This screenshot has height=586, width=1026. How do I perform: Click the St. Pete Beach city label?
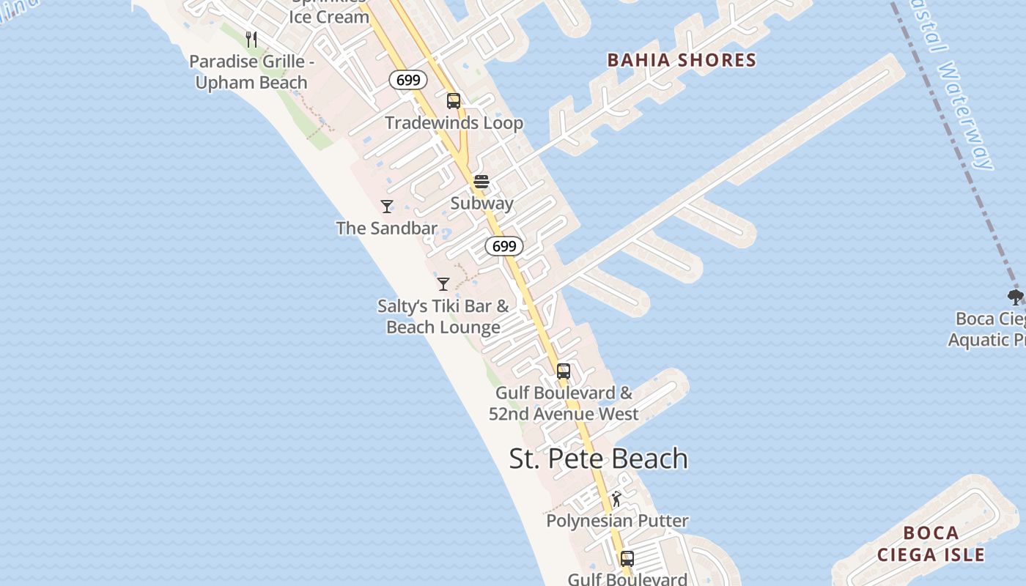[x=598, y=459]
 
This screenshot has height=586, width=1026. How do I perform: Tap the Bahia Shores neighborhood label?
[x=682, y=60]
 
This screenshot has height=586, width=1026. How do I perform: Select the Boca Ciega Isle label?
[x=931, y=544]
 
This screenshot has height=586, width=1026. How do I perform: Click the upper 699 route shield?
[x=408, y=80]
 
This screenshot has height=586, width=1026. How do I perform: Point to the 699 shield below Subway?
[x=504, y=246]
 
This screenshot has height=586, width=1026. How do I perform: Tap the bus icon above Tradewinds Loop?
[x=454, y=101]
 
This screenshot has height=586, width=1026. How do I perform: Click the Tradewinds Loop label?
[x=454, y=122]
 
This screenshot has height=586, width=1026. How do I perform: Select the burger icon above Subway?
[x=481, y=182]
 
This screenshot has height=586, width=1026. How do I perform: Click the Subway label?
[x=481, y=203]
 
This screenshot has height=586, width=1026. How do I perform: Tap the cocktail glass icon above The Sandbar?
[x=387, y=207]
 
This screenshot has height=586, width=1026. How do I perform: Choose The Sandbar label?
[x=386, y=228]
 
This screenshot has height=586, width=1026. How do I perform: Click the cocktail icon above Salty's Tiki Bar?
[x=443, y=284]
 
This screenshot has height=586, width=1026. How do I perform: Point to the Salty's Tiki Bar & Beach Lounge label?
[x=443, y=316]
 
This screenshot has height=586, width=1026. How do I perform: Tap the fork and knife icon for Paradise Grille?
[x=251, y=40]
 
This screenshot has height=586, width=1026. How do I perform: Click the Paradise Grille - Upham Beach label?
[x=251, y=72]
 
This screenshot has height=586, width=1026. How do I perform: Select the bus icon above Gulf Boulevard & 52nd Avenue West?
[x=563, y=371]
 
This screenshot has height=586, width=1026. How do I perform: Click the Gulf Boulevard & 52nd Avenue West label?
[x=564, y=403]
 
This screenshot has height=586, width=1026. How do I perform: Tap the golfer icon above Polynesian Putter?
[x=617, y=500]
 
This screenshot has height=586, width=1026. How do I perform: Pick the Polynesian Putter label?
[x=617, y=521]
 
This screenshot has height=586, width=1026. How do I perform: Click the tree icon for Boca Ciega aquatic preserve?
[x=1015, y=297]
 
